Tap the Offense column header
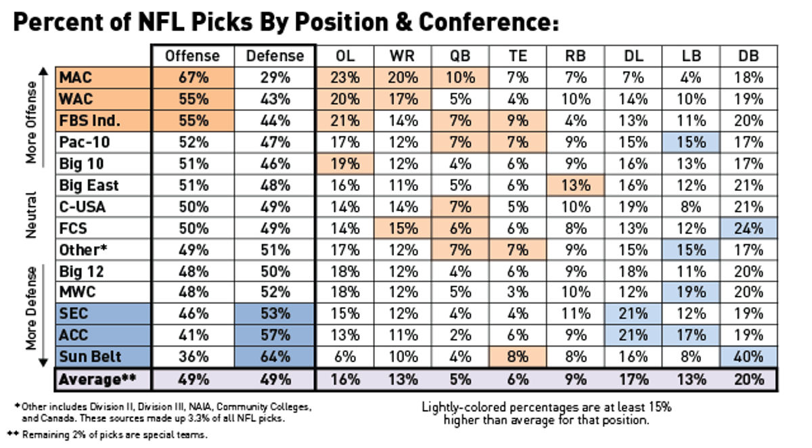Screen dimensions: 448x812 tap(192, 56)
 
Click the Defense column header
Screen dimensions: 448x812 tap(274, 56)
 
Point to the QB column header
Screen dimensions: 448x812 tap(460, 56)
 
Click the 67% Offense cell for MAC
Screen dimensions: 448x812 tap(192, 78)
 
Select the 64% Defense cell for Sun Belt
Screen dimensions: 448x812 tap(274, 358)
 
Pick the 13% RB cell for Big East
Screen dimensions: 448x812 tap(577, 185)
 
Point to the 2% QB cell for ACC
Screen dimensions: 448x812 tap(460, 336)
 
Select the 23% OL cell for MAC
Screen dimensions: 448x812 tap(345, 78)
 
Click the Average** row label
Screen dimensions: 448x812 tap(97, 380)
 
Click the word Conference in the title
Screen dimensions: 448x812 tap(487, 23)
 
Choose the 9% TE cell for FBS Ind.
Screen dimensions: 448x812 tap(518, 121)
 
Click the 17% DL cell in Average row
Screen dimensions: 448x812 tap(634, 380)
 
